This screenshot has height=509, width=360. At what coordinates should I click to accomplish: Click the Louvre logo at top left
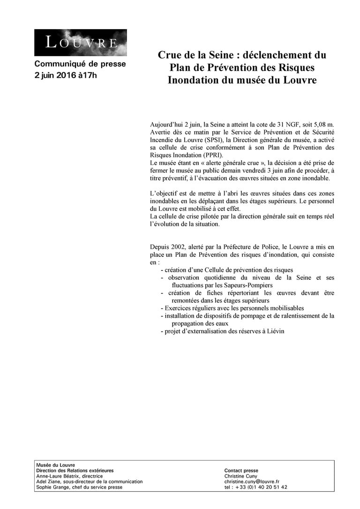[80, 43]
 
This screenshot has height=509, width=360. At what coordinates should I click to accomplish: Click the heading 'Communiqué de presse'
[80, 64]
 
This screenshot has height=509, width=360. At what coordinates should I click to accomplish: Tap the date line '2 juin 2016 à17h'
[66, 75]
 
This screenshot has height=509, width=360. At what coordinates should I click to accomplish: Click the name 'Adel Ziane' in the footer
[48, 482]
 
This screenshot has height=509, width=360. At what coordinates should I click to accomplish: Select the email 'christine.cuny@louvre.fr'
[252, 482]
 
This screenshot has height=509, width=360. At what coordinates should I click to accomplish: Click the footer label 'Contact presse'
[241, 471]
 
